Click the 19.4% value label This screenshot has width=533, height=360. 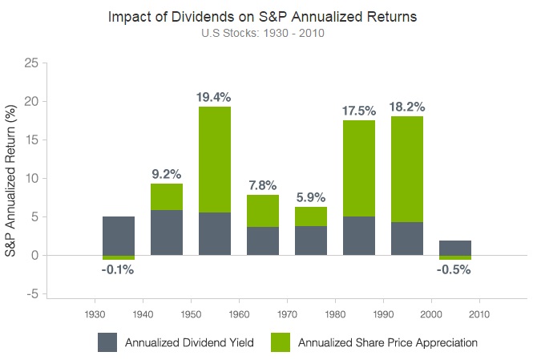(x=214, y=97)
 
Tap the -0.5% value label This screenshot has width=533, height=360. (x=454, y=270)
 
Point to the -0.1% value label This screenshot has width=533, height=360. (x=118, y=270)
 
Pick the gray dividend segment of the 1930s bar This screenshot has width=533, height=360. (x=119, y=235)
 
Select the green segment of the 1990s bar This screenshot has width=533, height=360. (x=407, y=168)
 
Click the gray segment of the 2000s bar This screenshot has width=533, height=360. (x=455, y=247)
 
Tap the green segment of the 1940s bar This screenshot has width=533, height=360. (x=167, y=196)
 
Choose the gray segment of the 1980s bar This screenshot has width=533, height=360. (x=359, y=236)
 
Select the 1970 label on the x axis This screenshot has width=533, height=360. (x=287, y=313)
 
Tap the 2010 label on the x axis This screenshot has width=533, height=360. (x=479, y=313)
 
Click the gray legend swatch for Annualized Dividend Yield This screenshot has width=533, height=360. (x=107, y=342)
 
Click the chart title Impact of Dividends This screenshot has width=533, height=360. (x=266, y=17)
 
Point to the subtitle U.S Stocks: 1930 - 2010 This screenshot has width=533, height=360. (x=266, y=34)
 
